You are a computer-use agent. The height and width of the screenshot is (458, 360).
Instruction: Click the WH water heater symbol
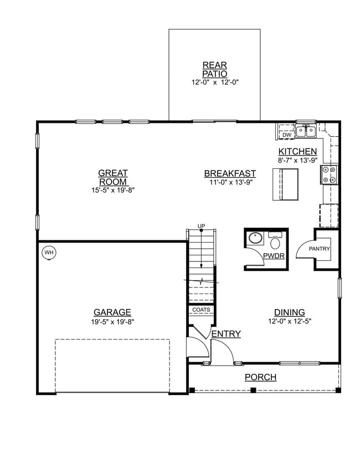[49, 253]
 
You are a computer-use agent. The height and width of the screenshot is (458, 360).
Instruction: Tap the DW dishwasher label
[286, 135]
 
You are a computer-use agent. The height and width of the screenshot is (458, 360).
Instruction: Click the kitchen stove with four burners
[328, 174]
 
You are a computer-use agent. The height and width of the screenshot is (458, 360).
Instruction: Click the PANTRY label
[319, 249]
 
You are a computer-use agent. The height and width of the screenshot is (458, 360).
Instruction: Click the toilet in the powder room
[275, 241]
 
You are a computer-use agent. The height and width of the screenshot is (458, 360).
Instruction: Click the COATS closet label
[201, 310]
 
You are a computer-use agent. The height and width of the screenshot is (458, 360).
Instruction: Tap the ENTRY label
[226, 333]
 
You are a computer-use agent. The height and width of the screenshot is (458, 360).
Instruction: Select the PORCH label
[260, 378]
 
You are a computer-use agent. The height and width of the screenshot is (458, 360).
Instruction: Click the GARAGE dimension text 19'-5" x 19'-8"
[112, 321]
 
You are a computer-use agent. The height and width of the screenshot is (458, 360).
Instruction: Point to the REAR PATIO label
[215, 69]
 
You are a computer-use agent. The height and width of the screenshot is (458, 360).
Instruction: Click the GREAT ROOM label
[113, 177]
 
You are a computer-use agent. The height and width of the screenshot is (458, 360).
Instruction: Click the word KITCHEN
[297, 152]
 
